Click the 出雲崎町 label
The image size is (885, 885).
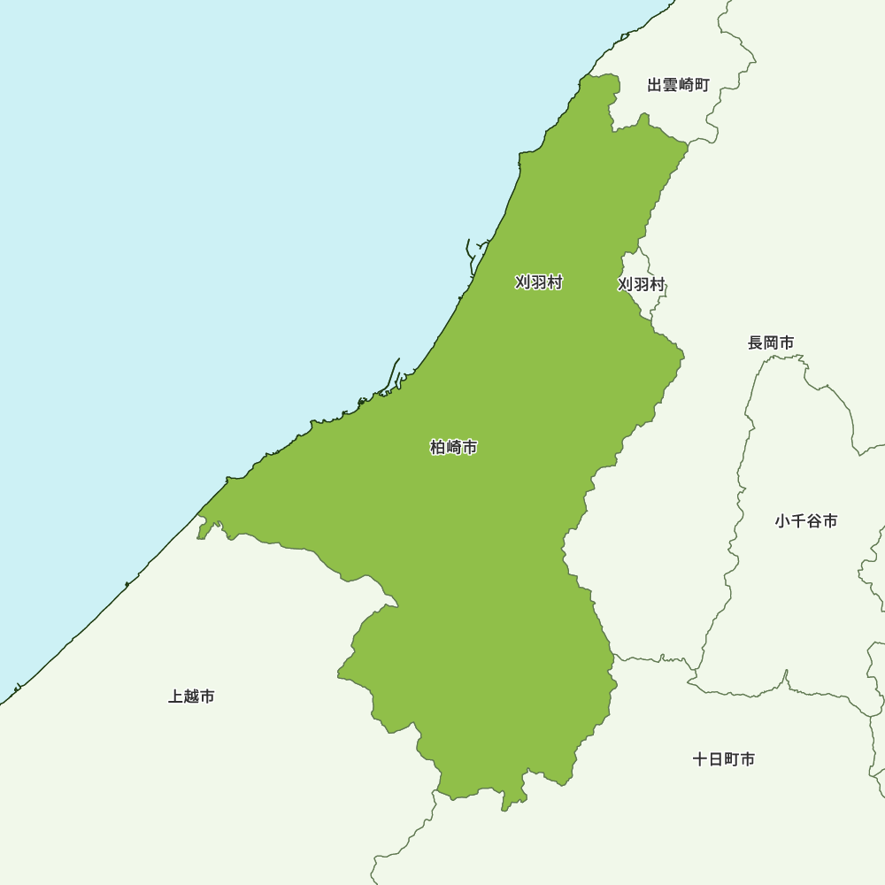click(678, 85)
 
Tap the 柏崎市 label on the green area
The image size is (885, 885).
click(454, 448)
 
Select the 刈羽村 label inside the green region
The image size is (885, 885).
click(539, 282)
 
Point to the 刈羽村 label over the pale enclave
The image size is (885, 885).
click(642, 284)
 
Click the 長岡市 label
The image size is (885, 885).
click(771, 342)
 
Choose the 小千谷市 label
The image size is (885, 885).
click(806, 521)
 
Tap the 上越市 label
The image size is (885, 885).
click(191, 697)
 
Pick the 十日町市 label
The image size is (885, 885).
click(724, 759)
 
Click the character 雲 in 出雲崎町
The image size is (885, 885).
click(670, 85)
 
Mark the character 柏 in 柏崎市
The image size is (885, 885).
click(438, 448)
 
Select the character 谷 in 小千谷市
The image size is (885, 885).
click(814, 521)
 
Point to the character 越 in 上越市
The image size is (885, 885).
click(191, 697)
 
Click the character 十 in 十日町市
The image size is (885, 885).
click(700, 759)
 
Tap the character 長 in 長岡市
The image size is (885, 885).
click(756, 342)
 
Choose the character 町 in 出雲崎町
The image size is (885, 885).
click(702, 85)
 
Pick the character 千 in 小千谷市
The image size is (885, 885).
click(798, 521)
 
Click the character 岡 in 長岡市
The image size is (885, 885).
click(771, 342)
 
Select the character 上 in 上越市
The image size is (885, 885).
click(175, 697)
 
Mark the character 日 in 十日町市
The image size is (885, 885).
click(716, 759)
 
